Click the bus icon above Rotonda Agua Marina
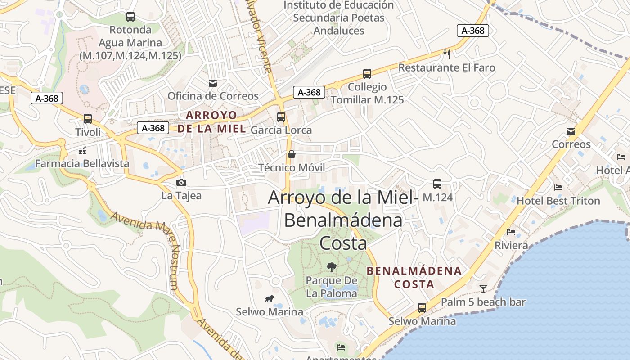[x=130, y=17]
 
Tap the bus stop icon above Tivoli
[x=88, y=119]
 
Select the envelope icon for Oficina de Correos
[x=212, y=83]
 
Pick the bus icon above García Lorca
[x=281, y=117]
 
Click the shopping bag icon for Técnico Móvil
[x=292, y=155]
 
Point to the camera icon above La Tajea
[x=181, y=183]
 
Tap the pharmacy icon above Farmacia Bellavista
[x=82, y=151]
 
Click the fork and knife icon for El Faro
[x=447, y=54]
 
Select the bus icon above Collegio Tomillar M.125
[x=367, y=74]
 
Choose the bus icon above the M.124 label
[x=437, y=184]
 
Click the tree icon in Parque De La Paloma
[x=332, y=267]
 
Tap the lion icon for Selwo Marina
[x=270, y=299]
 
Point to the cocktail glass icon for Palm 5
[x=483, y=288]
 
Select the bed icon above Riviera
[x=511, y=232]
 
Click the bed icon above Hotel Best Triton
[x=558, y=188]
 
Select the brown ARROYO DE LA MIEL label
[x=211, y=122]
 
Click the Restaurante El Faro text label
[x=447, y=68]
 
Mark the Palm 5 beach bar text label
[x=483, y=302]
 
